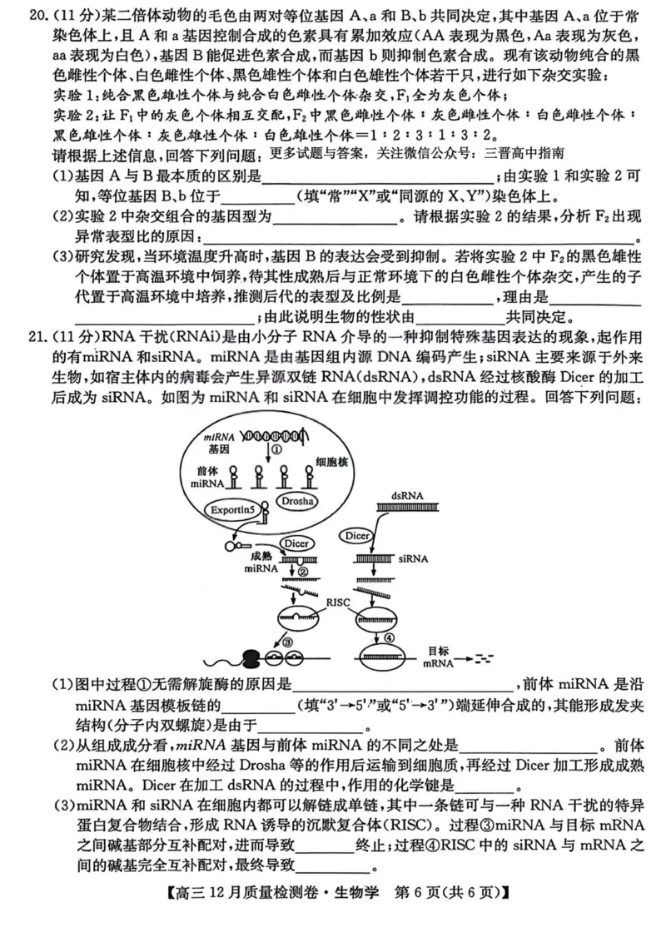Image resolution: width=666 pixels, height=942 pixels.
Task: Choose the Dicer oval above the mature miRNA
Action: coord(295,543)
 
